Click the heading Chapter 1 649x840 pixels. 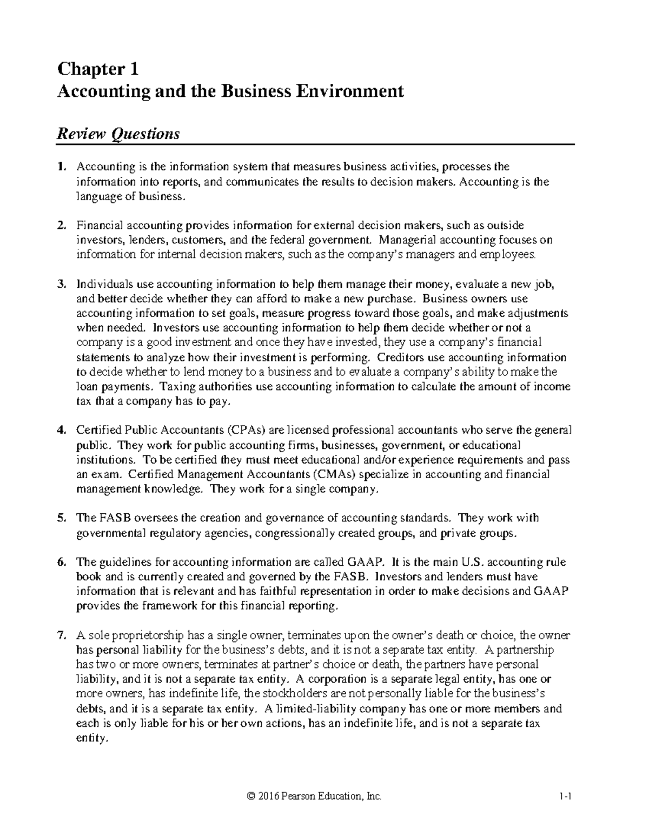click(98, 69)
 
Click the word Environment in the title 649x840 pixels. click(357, 91)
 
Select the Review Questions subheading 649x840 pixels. click(118, 134)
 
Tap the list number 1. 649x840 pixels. click(61, 167)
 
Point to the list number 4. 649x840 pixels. click(61, 431)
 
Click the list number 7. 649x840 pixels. click(61, 635)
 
